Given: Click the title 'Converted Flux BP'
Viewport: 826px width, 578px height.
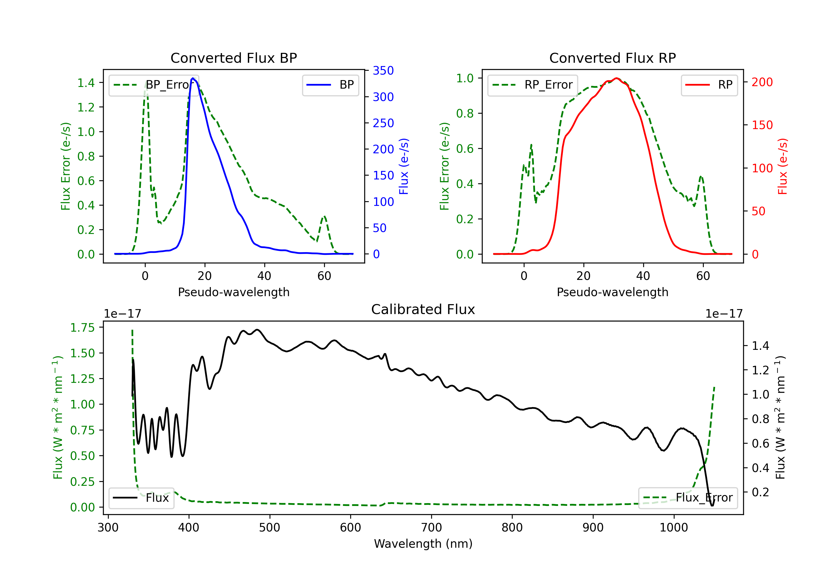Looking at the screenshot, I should point(233,58).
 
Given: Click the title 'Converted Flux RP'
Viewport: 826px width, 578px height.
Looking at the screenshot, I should point(612,58).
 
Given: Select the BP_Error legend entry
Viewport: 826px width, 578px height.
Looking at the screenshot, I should point(154,85).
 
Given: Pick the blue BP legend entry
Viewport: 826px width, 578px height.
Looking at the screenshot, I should point(330,85).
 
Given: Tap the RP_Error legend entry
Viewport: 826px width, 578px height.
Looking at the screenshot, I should point(532,85).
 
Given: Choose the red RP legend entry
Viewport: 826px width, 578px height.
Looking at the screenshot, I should point(709,85).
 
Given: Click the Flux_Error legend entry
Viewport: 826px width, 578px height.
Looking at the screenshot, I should point(688,498).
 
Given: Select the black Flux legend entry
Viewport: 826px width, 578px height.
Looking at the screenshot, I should point(141,498).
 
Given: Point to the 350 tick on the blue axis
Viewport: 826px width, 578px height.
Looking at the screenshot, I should point(383,70).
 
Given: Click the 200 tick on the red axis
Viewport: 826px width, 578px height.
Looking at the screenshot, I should point(762,82).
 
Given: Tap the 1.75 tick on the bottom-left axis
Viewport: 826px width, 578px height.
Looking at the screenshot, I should point(82,328).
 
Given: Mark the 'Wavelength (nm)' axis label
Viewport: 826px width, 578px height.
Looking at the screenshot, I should point(423,544).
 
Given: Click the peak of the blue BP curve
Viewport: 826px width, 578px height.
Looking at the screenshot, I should point(193,78).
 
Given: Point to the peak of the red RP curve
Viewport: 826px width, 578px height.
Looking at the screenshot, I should point(616,78).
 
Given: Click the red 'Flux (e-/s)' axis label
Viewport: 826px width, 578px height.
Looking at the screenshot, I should point(783,166).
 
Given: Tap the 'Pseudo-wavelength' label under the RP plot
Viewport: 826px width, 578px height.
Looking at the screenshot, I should point(612,292).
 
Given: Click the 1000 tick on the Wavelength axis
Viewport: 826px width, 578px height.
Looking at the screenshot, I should point(673,528).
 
